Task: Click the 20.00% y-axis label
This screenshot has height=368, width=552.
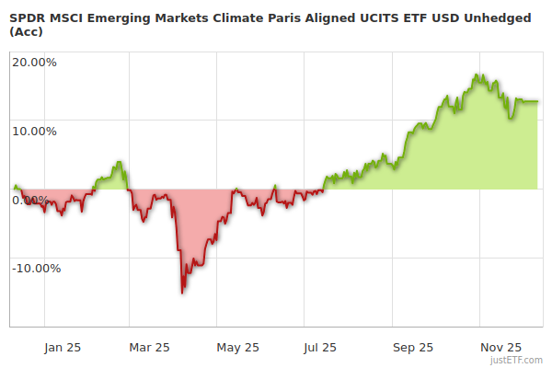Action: pyautogui.click(x=34, y=63)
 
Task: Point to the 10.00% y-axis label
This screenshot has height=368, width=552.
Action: pyautogui.click(x=34, y=131)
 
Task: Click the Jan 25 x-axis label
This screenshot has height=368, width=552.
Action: pyautogui.click(x=62, y=348)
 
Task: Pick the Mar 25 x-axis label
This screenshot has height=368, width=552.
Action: pyautogui.click(x=150, y=348)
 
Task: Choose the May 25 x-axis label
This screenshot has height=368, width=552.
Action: pyautogui.click(x=238, y=348)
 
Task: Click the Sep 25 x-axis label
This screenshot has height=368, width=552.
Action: pyautogui.click(x=413, y=348)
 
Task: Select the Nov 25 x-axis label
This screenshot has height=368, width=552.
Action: pyautogui.click(x=501, y=348)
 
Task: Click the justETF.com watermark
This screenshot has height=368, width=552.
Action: pyautogui.click(x=518, y=360)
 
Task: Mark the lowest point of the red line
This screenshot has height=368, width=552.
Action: pyautogui.click(x=182, y=293)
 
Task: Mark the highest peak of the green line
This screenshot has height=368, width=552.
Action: pyautogui.click(x=477, y=75)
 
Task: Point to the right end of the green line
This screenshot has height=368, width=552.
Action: pyautogui.click(x=537, y=101)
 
